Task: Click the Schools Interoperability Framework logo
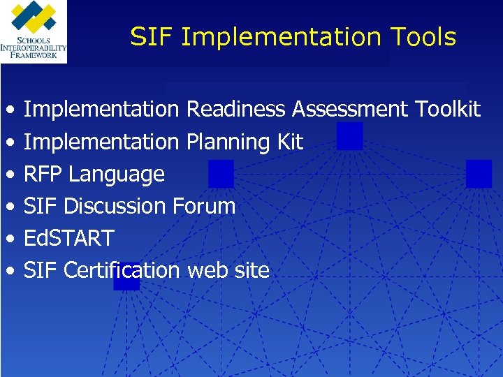[x=34, y=31]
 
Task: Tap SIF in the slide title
[x=151, y=37]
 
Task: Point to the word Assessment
[x=351, y=110]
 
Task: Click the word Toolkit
[x=448, y=110]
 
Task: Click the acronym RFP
[x=43, y=174]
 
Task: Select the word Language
[x=117, y=175]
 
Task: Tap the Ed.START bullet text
[x=68, y=238]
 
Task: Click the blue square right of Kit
[x=350, y=136]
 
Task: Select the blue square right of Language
[x=221, y=174]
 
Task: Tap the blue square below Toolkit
[x=479, y=174]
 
